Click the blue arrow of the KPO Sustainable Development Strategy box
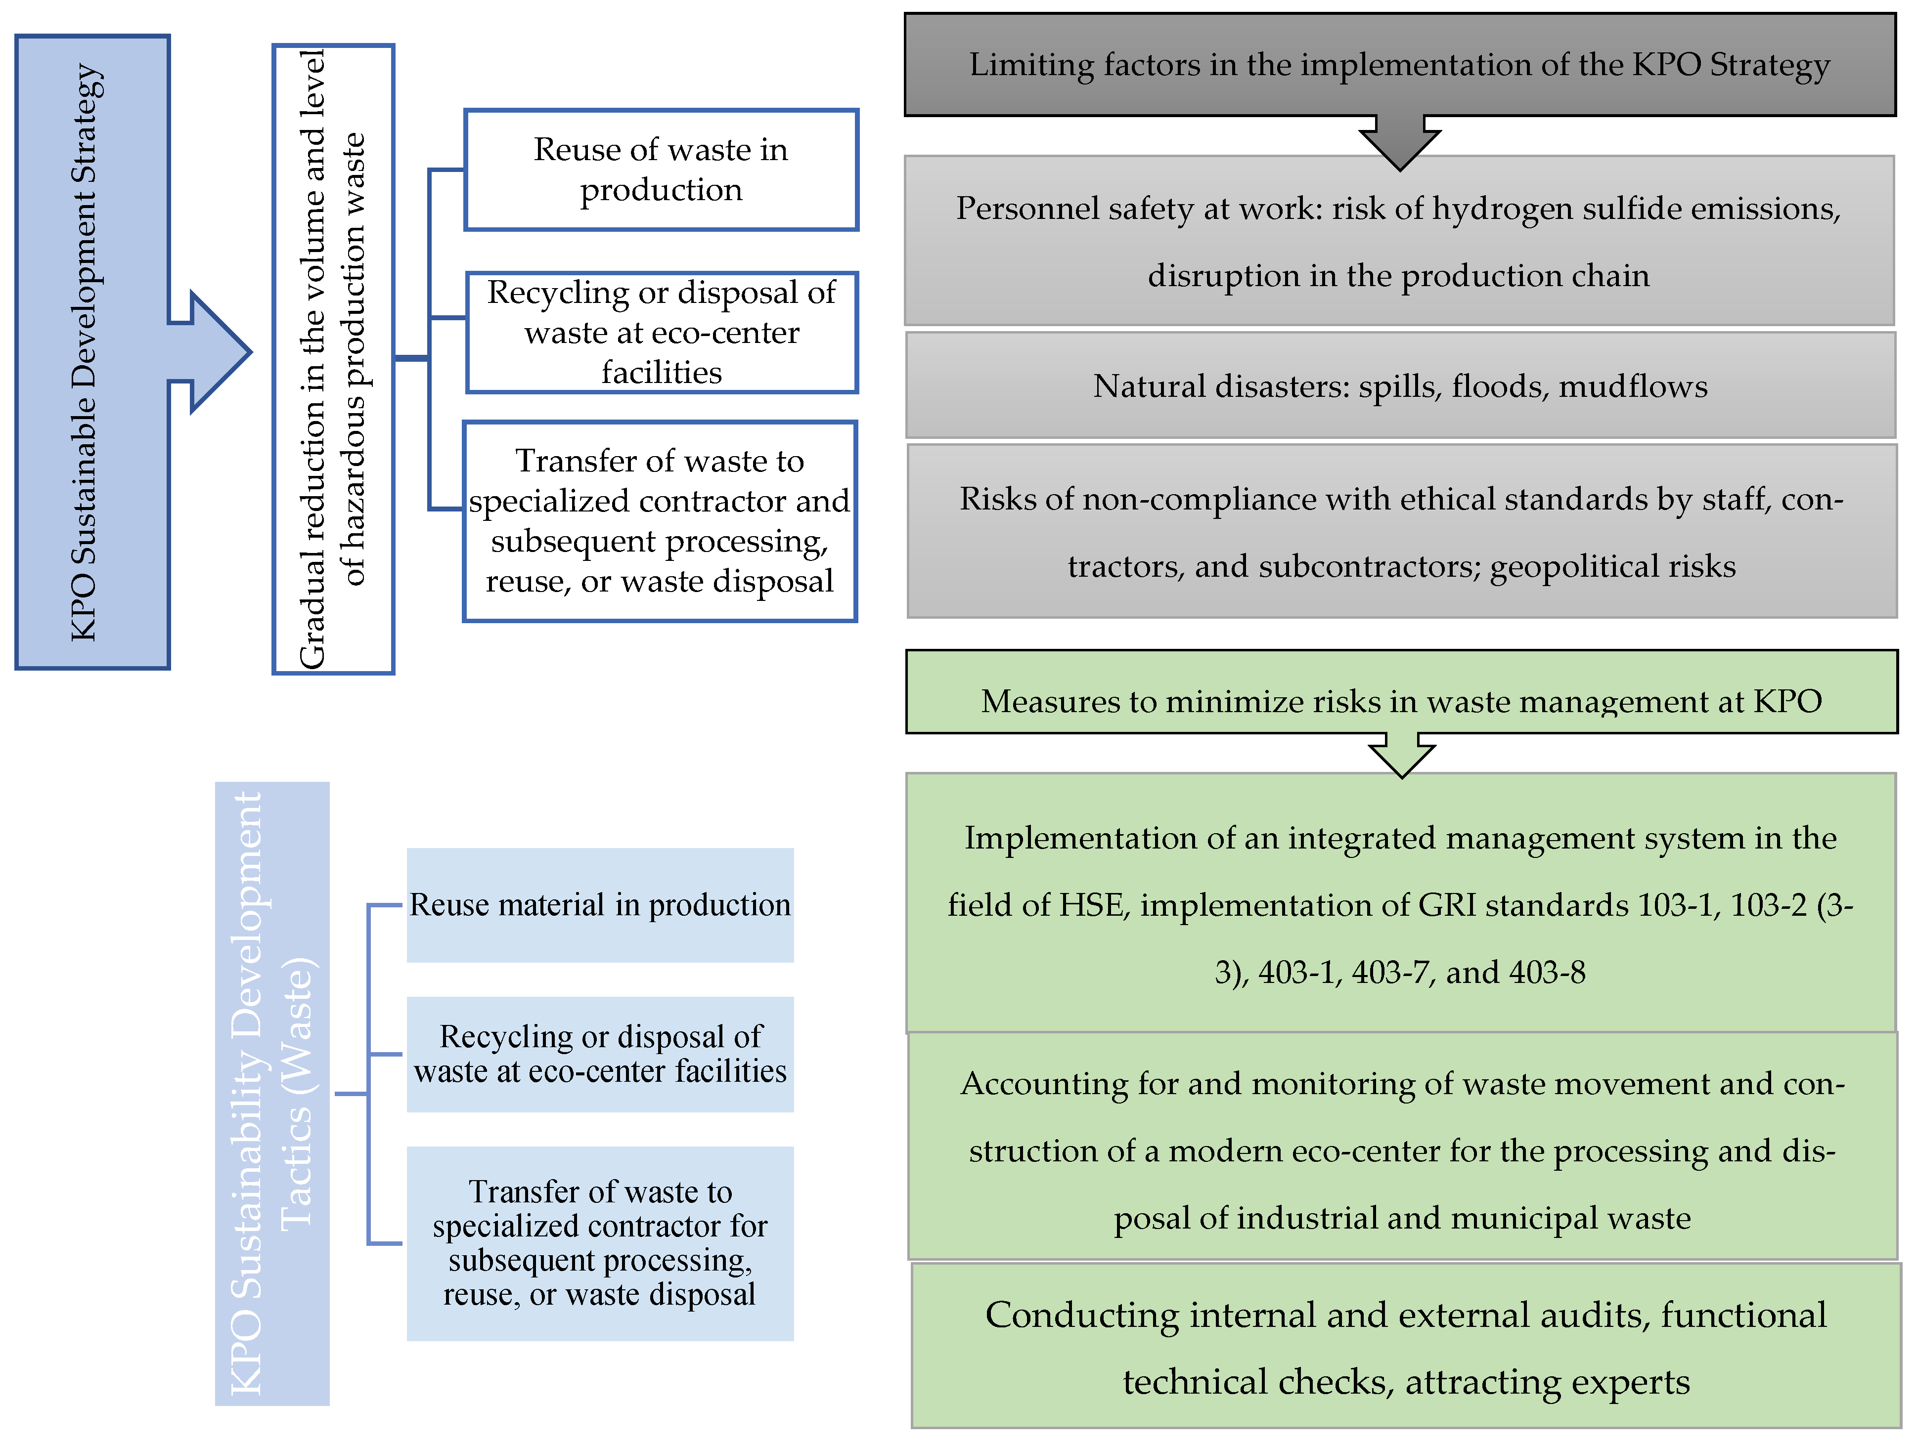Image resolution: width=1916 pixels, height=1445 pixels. pyautogui.click(x=217, y=351)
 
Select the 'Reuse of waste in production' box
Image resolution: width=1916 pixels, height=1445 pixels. pyautogui.click(x=661, y=170)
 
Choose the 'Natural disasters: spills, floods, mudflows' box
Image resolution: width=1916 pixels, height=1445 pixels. pyautogui.click(x=1400, y=386)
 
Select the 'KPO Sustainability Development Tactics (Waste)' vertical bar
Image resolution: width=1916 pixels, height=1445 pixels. pyautogui.click(x=272, y=1093)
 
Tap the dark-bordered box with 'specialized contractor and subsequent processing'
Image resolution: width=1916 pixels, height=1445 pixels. pyautogui.click(x=660, y=521)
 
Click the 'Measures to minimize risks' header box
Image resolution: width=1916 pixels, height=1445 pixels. pyautogui.click(x=1401, y=700)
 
